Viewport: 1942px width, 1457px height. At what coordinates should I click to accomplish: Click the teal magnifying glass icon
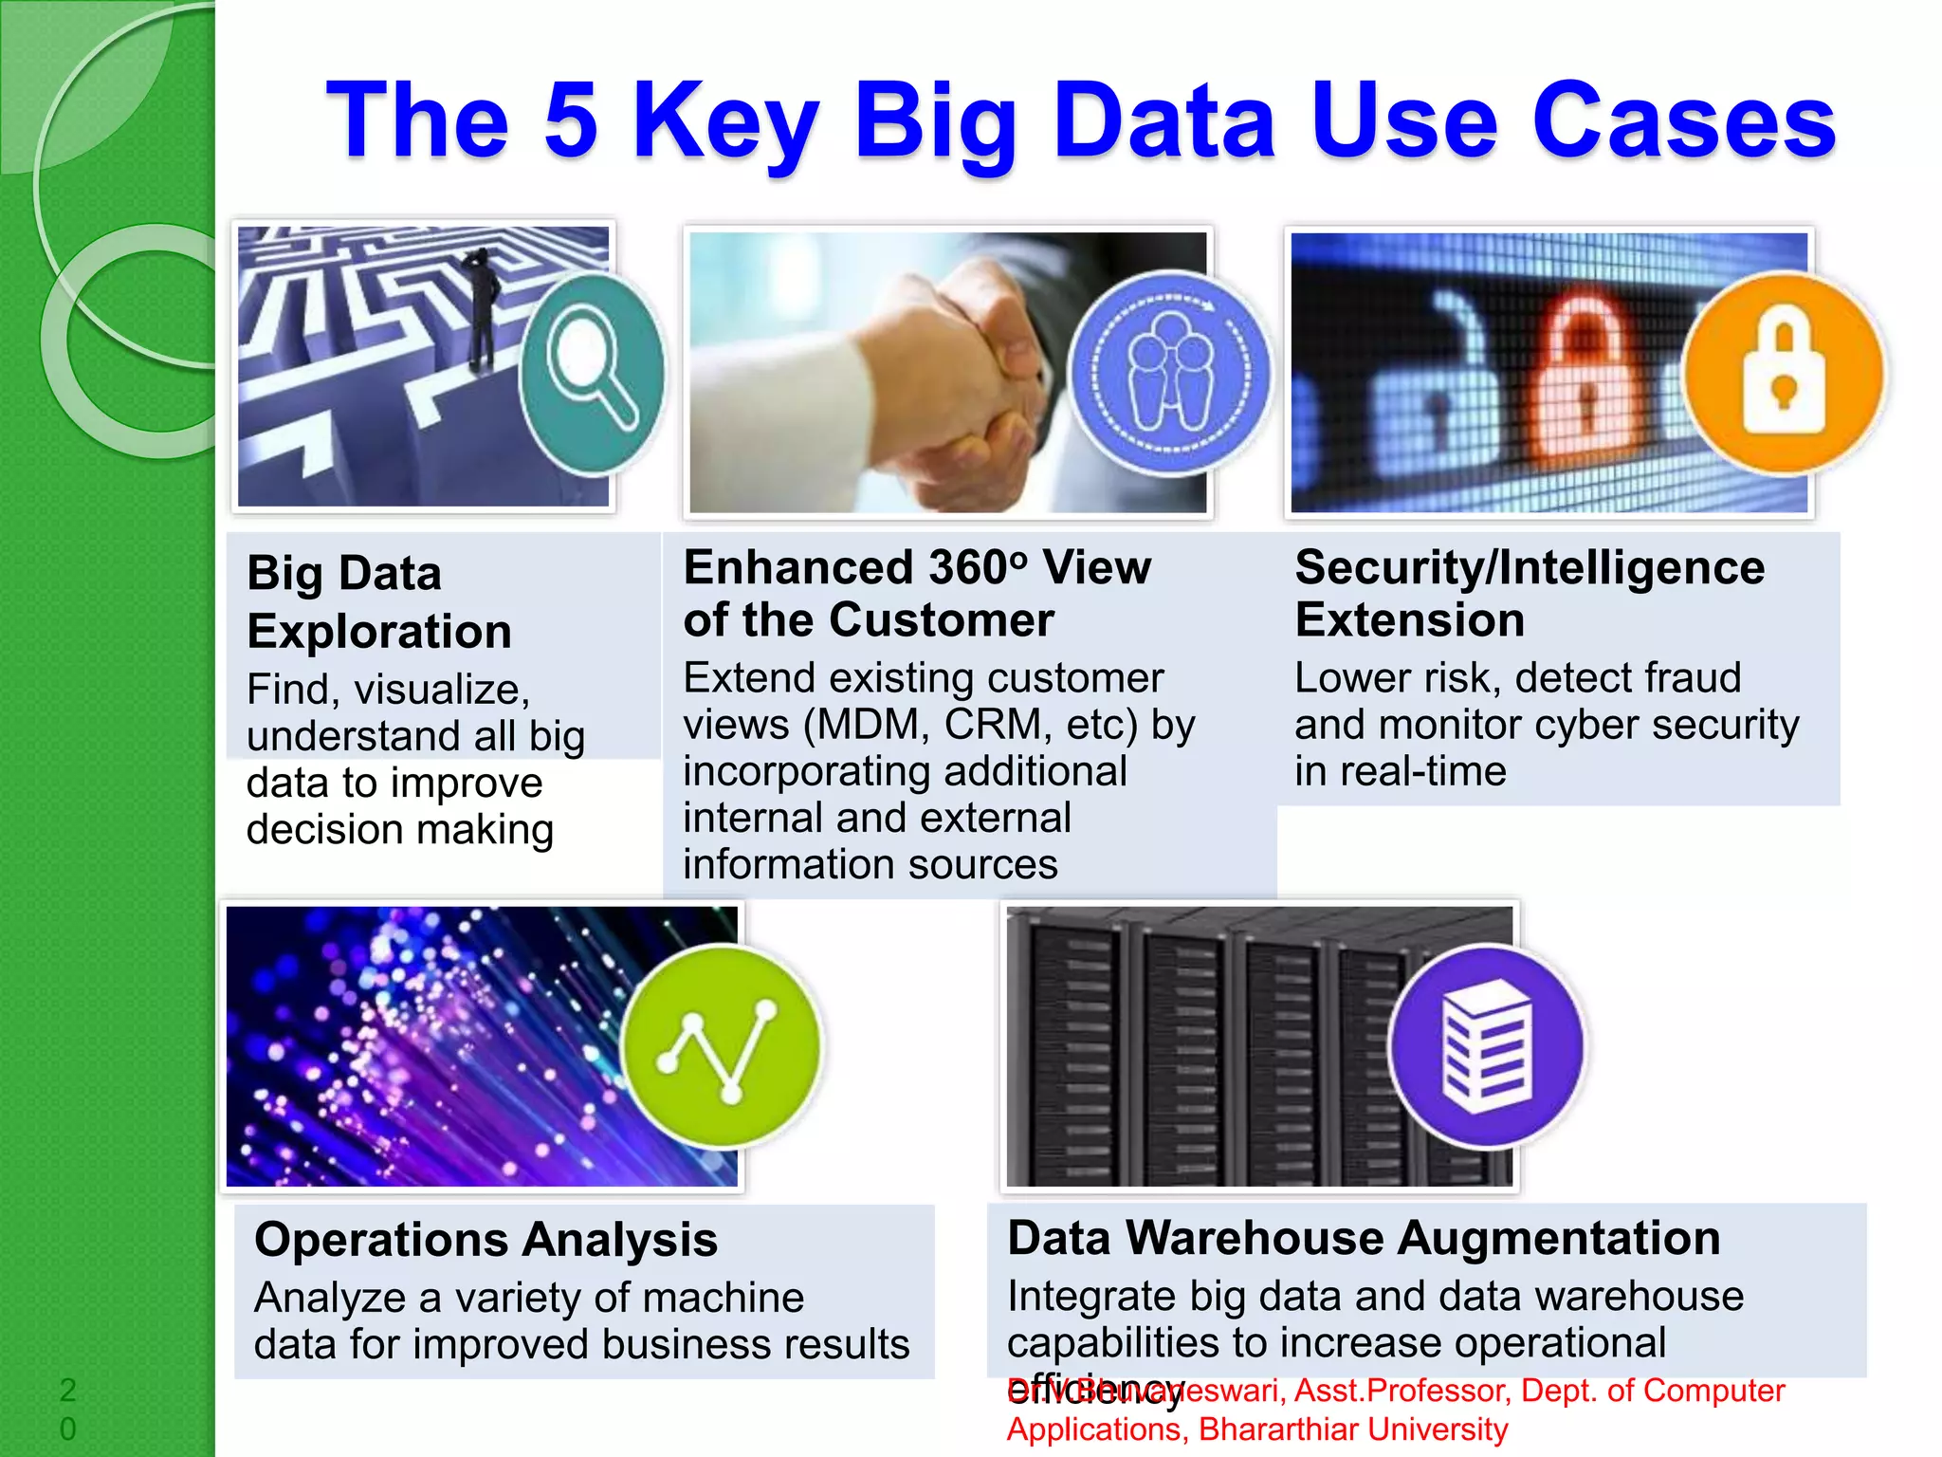point(593,374)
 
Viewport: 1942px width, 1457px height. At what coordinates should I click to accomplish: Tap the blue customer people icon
point(1170,374)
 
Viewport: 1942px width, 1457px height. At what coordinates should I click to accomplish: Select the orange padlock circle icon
point(1784,373)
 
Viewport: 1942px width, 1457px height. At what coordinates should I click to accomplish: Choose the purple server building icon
point(1486,1047)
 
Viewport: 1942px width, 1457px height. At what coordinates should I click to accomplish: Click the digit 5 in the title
point(572,120)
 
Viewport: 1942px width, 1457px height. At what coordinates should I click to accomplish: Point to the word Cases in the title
point(1684,120)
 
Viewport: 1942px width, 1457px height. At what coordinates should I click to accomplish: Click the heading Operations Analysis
point(485,1240)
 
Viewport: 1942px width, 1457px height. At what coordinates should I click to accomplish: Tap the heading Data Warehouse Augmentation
point(1364,1238)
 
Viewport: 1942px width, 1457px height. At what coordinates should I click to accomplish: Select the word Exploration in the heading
point(379,632)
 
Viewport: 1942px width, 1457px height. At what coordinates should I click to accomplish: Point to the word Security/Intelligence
point(1530,567)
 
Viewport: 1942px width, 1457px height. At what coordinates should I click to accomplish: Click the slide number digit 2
point(67,1390)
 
